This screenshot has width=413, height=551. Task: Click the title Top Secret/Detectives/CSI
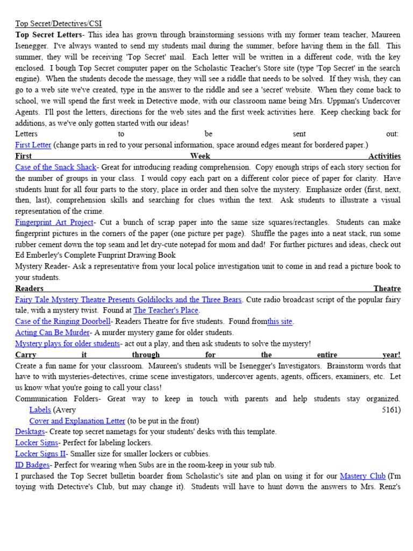58,24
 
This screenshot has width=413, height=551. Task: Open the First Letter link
33,145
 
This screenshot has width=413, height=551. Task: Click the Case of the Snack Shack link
55,167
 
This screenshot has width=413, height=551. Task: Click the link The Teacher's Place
166,310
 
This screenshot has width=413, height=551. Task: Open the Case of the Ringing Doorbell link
63,321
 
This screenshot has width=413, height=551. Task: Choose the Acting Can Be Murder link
52,333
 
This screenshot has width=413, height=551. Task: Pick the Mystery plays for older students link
67,343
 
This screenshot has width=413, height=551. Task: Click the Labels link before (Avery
40,409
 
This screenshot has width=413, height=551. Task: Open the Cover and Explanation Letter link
77,421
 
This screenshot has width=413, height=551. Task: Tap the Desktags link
30,432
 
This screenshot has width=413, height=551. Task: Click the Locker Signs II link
40,454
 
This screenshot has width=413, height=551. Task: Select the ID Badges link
32,465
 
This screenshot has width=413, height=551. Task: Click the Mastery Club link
362,476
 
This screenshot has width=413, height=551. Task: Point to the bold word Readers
29,288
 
